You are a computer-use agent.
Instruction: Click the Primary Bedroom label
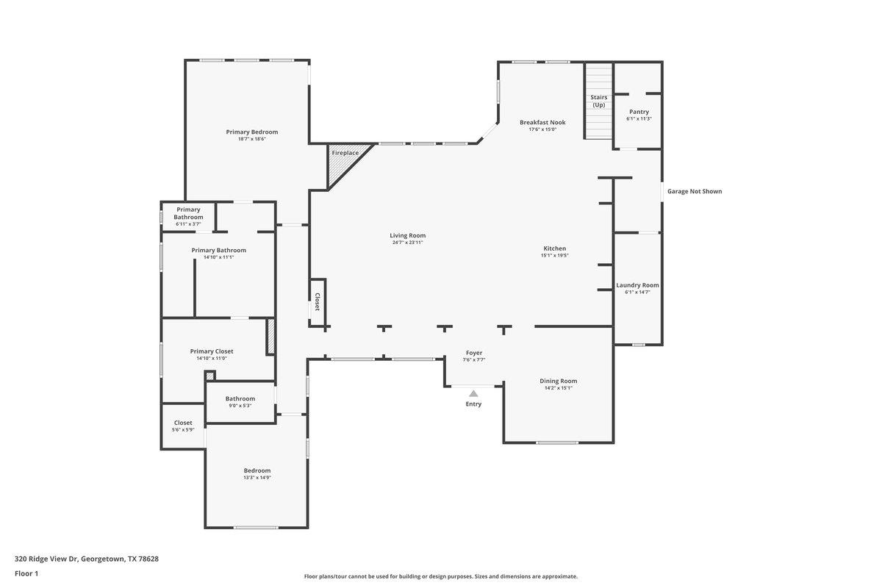251,132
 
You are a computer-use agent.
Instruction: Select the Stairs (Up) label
599,101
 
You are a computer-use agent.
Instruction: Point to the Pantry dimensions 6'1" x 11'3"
639,119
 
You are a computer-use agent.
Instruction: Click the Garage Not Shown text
694,192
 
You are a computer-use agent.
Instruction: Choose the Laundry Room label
637,285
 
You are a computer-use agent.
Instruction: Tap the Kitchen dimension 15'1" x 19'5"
555,256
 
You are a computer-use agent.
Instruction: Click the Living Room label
407,235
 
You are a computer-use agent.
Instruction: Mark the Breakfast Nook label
542,122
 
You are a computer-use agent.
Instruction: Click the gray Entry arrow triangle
473,393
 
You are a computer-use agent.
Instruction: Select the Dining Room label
559,381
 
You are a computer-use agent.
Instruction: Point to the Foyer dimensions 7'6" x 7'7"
473,360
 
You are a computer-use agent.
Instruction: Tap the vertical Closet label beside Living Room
317,302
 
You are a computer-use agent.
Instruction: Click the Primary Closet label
212,351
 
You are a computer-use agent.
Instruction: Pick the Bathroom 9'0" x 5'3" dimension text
240,406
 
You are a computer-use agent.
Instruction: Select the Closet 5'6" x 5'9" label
183,423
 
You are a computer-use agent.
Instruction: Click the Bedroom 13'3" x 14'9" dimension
257,478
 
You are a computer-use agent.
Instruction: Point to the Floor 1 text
26,573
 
